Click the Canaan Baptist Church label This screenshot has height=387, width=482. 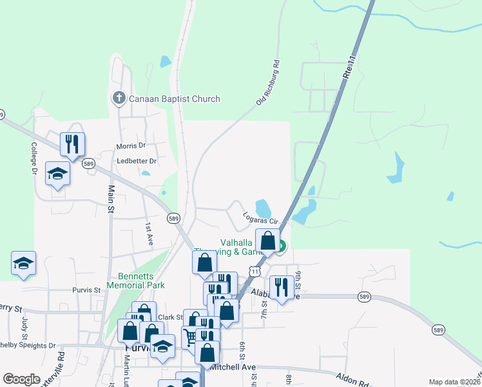tap(174, 99)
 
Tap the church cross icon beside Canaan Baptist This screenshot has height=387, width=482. tap(119, 99)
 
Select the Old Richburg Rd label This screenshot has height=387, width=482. tap(269, 82)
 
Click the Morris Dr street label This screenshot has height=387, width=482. tap(131, 146)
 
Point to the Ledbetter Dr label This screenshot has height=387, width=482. tap(137, 161)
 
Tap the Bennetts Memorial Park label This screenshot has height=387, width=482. tap(141, 280)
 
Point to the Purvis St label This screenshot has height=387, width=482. tap(87, 290)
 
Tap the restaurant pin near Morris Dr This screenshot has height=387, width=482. tap(72, 143)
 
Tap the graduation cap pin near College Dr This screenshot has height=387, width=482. tap(58, 174)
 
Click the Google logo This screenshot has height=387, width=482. tap(21, 379)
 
